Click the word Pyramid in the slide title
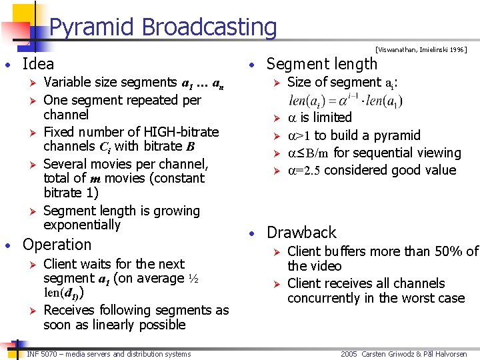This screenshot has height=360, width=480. [x=93, y=27]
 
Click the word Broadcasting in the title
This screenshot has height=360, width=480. [x=210, y=27]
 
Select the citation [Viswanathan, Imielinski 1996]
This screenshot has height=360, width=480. [x=421, y=49]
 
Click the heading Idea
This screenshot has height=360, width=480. [x=38, y=64]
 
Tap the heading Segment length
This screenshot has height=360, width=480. [x=321, y=64]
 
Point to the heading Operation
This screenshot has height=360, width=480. [x=57, y=245]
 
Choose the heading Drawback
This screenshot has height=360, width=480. [x=301, y=233]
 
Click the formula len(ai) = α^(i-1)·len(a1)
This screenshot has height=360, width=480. [x=346, y=101]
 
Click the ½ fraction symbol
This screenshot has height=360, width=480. [x=193, y=278]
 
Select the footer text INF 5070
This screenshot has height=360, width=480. [x=44, y=354]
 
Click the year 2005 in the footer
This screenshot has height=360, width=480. [x=349, y=354]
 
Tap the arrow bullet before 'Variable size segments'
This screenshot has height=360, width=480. [x=29, y=83]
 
